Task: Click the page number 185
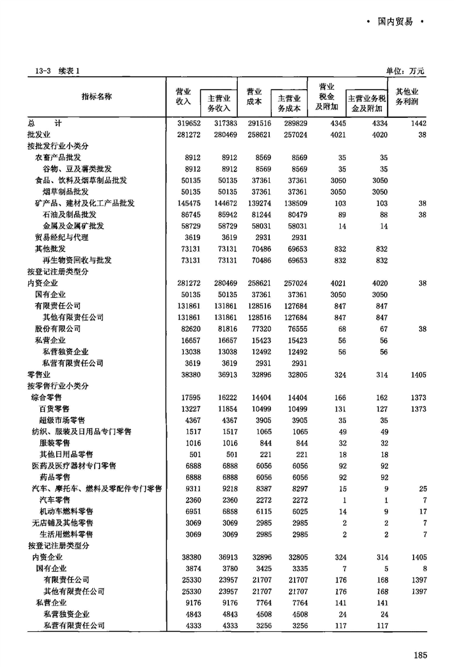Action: [419, 654]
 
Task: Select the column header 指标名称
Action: [97, 97]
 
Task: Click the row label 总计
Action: [36, 123]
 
